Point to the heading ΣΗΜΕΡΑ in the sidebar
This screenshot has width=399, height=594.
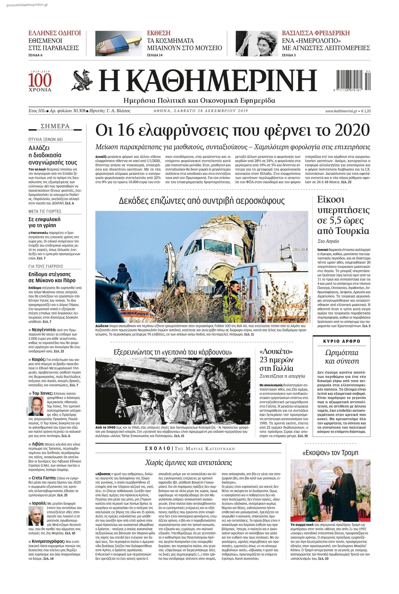point(55,126)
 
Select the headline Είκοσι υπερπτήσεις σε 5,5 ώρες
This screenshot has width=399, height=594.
point(343,215)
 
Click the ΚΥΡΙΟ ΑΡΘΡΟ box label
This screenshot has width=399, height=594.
point(341,341)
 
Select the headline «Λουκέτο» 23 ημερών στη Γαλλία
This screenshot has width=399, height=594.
point(276,360)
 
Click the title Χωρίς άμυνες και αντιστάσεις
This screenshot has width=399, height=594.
point(188,463)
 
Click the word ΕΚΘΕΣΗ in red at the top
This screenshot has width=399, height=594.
point(159,33)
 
